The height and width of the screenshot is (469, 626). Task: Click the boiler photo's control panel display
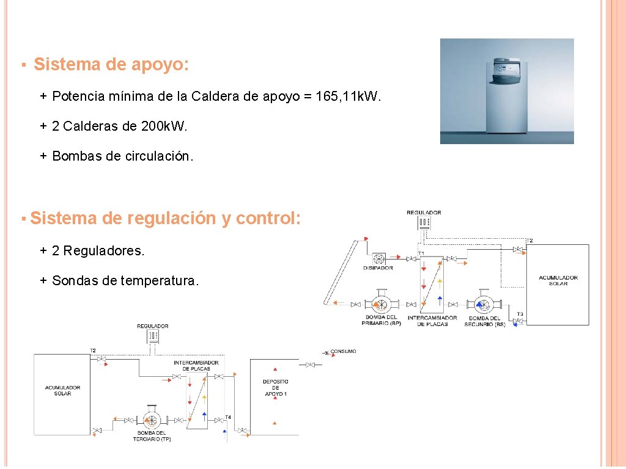click(506, 73)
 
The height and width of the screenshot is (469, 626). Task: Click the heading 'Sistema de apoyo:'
click(111, 65)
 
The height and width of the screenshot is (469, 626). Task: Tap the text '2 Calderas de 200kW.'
click(120, 126)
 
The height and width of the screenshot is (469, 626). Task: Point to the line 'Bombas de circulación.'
click(122, 156)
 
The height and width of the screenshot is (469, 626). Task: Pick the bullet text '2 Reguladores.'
click(98, 250)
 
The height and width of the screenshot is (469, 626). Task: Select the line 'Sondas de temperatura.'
click(125, 281)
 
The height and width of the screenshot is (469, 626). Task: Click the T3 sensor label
click(520, 314)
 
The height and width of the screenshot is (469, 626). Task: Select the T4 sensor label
click(227, 417)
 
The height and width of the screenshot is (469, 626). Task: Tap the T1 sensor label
click(421, 253)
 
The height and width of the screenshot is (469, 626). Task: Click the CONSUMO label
click(343, 352)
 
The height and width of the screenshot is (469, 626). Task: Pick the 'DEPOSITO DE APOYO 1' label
click(275, 388)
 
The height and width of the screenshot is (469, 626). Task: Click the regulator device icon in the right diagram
click(424, 223)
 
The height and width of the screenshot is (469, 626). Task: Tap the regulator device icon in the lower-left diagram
click(153, 336)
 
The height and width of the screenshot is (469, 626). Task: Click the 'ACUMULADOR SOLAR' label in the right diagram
click(558, 280)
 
